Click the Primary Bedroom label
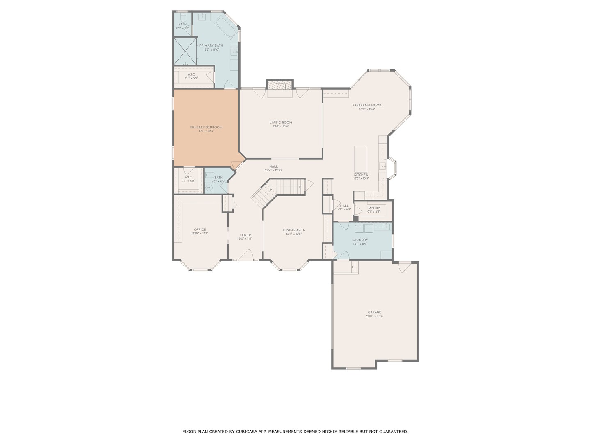[x=206, y=127]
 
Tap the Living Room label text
[x=281, y=123]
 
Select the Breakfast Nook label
[x=367, y=106]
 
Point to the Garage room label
[x=374, y=312]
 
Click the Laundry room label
[x=360, y=240]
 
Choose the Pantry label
[x=373, y=208]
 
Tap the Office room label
[x=200, y=230]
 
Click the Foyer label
[x=245, y=235]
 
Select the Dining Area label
[x=294, y=230]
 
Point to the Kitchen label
[x=361, y=175]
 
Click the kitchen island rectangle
[x=361, y=159]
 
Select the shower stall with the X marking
[x=186, y=51]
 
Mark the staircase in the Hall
[x=279, y=190]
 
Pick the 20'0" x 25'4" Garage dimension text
[x=375, y=316]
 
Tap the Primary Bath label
[x=211, y=46]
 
